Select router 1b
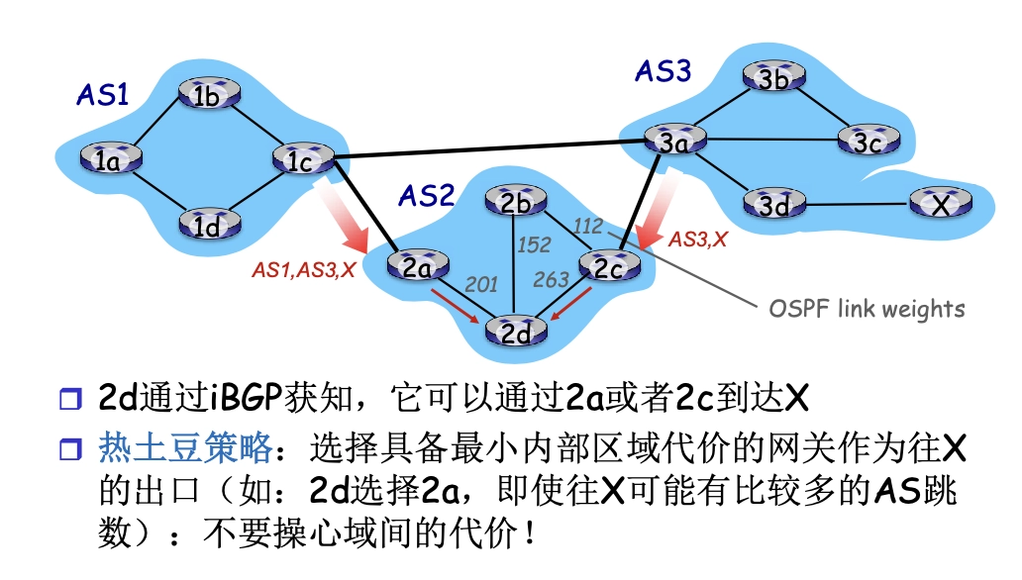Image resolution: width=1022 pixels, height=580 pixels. (208, 96)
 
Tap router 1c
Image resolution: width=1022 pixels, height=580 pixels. (300, 159)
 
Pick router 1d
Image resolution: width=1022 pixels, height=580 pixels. (208, 226)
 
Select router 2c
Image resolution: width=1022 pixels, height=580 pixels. (609, 265)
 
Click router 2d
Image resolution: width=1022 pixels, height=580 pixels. (515, 332)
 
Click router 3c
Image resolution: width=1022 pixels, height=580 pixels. (868, 142)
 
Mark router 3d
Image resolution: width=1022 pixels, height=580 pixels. (774, 205)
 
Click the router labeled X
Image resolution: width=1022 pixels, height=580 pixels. (939, 205)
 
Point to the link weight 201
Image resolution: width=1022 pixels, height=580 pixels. (481, 285)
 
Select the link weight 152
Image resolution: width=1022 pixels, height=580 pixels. (534, 244)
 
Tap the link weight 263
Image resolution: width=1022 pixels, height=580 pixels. (551, 280)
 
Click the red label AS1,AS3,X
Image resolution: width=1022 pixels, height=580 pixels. (303, 269)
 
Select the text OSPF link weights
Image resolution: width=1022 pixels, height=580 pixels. (867, 308)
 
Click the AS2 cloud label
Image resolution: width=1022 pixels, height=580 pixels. (426, 195)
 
